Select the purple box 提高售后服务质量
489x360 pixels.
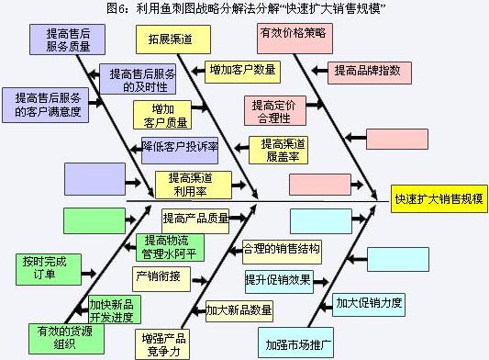pos(61,40)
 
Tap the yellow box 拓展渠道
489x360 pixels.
pos(173,39)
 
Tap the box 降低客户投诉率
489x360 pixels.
pos(179,145)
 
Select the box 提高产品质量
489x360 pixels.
pos(194,219)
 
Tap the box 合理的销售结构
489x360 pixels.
pos(282,249)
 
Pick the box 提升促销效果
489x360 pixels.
pos(277,279)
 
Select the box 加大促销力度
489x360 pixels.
pos(369,302)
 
